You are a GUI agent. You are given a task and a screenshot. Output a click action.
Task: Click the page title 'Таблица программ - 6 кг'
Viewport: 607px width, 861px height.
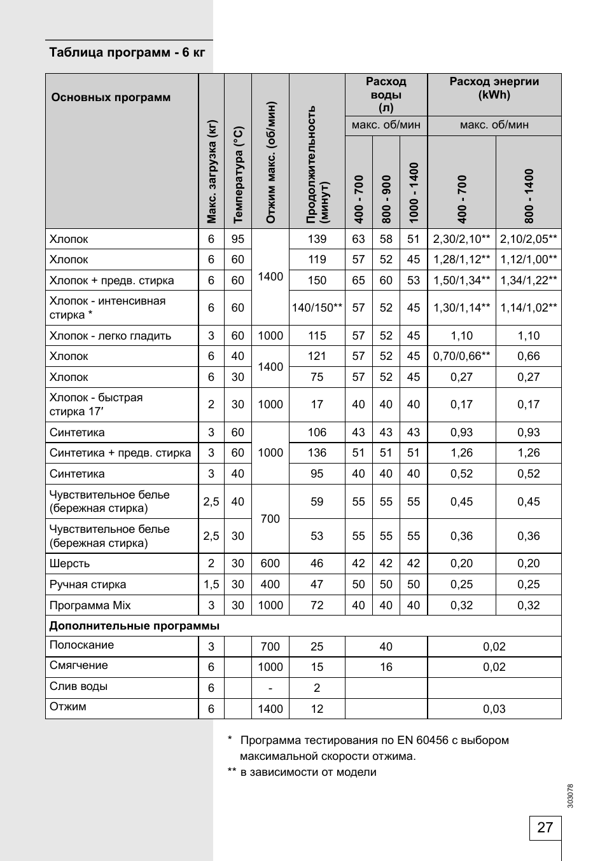[x=127, y=52]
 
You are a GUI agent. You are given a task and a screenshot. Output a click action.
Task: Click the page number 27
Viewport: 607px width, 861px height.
[x=545, y=827]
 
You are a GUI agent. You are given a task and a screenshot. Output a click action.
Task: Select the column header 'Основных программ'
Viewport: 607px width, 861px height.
[x=111, y=97]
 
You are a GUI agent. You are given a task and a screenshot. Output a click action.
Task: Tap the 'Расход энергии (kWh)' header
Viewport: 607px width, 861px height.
[x=494, y=88]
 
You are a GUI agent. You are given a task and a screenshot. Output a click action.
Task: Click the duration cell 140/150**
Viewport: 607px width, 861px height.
[x=317, y=308]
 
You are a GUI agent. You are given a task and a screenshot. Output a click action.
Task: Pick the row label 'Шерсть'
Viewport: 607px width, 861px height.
[x=70, y=563]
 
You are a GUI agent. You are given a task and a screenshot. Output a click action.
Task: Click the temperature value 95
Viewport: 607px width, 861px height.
[x=237, y=239]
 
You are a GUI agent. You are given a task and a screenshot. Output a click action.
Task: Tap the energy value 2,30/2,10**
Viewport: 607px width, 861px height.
[x=461, y=239]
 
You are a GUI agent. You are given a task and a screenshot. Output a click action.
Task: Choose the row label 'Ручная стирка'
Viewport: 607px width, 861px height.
[x=88, y=584]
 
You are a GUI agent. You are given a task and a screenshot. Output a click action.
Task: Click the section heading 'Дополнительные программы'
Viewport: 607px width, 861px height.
[x=134, y=626]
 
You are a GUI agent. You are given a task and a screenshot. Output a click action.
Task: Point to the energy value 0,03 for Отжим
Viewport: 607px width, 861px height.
[x=494, y=709]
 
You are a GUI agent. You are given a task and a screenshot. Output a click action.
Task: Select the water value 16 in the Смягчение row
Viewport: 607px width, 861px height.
[x=386, y=667]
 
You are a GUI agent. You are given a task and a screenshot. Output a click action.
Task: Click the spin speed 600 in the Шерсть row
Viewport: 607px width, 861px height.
[x=270, y=563]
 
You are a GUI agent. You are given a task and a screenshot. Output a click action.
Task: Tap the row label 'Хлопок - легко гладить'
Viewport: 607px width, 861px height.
[x=110, y=336]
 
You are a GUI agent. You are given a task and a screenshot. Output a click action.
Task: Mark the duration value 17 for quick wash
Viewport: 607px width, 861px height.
[x=317, y=404]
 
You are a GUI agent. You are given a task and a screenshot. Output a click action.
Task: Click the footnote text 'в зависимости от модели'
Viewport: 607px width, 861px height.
[x=308, y=772]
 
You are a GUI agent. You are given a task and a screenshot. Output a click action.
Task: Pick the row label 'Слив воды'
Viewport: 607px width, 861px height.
[x=78, y=686]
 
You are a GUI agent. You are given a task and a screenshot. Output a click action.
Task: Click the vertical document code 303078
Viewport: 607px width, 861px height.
[x=570, y=796]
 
